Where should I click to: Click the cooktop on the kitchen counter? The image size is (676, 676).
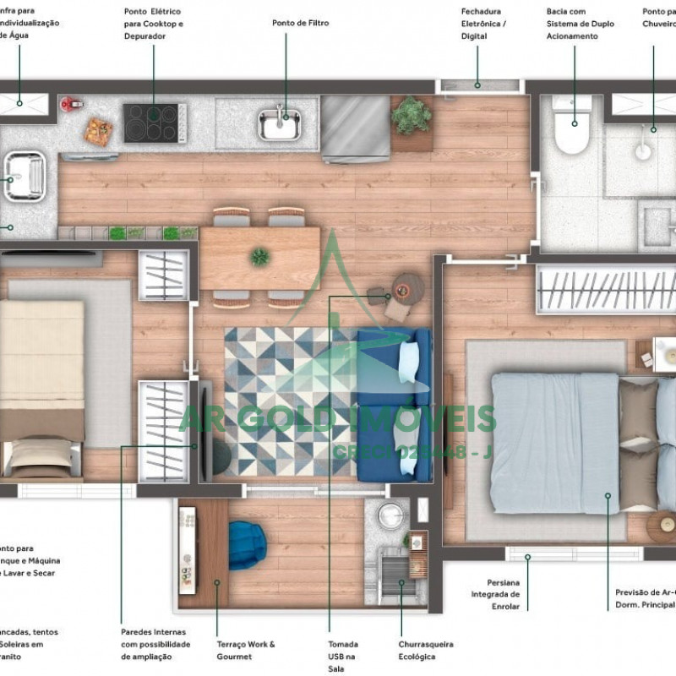pos(155,123)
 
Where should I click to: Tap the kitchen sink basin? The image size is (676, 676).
pos(280,124)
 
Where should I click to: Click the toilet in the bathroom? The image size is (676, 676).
pos(571,127)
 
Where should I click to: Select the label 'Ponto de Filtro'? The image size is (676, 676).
pos(300,23)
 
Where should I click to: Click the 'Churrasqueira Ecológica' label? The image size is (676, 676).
pos(426,650)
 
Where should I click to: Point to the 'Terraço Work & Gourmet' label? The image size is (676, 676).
pos(245,650)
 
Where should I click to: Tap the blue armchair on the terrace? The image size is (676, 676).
pos(248,542)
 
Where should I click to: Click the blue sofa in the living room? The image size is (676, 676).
pos(395,404)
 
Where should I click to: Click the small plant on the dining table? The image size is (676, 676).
pos(260,256)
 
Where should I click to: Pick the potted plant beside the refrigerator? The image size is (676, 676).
pos(412,116)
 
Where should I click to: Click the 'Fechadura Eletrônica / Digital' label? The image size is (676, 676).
pos(484,23)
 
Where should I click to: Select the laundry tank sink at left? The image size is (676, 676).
pos(23,176)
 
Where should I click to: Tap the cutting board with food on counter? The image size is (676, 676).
pos(99,132)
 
